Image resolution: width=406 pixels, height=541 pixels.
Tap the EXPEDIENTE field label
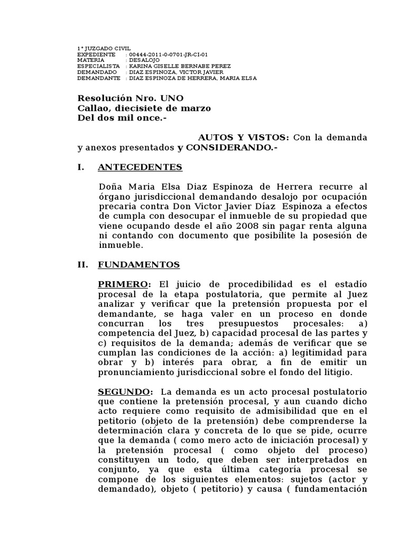coord(96,54)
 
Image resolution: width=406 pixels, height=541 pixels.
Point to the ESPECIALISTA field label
coord(98,66)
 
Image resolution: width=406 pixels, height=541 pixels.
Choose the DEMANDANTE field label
coord(98,78)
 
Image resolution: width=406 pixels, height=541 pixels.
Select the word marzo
coord(197,108)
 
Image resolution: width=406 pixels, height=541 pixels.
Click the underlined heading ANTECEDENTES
coord(140,167)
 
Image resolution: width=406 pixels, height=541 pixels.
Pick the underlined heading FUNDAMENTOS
coord(139,265)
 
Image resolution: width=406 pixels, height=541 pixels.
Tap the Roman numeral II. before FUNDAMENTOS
coord(83,265)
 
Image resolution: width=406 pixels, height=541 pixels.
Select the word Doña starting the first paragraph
coord(111,186)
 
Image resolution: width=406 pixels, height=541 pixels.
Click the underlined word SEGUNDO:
coord(126,391)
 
